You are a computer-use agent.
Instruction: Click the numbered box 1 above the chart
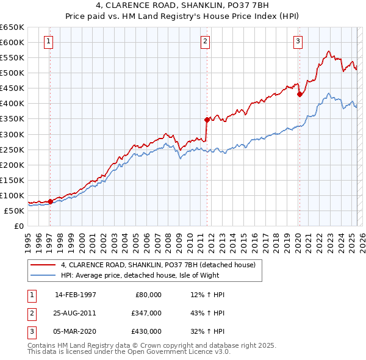click(x=48, y=41)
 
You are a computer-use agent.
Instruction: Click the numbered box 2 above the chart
click(x=206, y=41)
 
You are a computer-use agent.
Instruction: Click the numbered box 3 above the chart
click(x=298, y=41)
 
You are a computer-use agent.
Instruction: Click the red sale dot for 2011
click(x=207, y=120)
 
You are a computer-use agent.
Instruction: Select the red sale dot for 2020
click(x=300, y=94)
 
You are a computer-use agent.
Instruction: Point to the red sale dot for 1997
click(x=50, y=201)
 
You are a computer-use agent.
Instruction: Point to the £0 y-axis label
click(x=18, y=226)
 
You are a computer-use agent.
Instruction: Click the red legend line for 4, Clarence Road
click(x=43, y=265)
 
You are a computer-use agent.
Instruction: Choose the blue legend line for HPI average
click(x=43, y=275)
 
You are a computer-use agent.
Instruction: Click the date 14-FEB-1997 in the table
click(x=76, y=295)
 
